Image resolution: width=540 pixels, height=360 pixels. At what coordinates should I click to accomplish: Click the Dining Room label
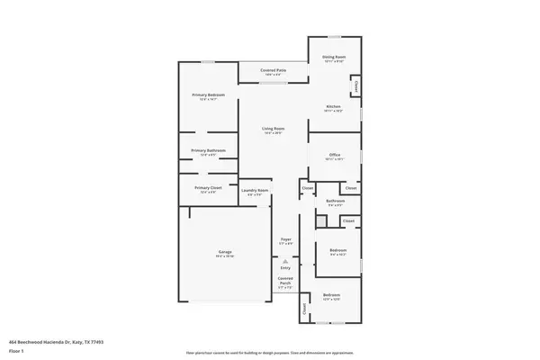[x=335, y=57]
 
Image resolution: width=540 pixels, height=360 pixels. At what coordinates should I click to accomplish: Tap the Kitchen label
[x=333, y=107]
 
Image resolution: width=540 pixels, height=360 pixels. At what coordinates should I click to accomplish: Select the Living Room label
[x=273, y=129]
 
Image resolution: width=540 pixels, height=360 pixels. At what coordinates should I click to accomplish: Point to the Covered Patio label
[x=274, y=69]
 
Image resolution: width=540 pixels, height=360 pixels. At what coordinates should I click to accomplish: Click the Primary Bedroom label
[x=208, y=94]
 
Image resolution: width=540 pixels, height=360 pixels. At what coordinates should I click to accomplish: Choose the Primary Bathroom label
[x=208, y=150]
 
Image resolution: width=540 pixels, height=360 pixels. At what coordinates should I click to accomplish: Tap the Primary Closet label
[x=208, y=188]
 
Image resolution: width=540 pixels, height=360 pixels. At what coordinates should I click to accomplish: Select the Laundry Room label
[x=256, y=191]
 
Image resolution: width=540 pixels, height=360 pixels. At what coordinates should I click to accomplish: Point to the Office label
[x=334, y=156]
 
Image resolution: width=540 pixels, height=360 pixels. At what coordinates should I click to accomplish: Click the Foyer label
[x=285, y=239]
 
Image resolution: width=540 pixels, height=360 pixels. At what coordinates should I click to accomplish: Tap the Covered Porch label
[x=285, y=281]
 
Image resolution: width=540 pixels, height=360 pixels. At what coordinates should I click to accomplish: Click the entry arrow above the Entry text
[x=285, y=260]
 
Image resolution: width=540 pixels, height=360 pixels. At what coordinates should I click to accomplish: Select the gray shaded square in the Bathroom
[x=320, y=221]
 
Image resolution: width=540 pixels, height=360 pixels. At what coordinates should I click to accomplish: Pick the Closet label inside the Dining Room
[x=356, y=86]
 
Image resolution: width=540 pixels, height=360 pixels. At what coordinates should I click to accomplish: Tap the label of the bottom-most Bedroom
[x=332, y=294]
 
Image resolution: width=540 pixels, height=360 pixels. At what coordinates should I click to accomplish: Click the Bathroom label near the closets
[x=335, y=201]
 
